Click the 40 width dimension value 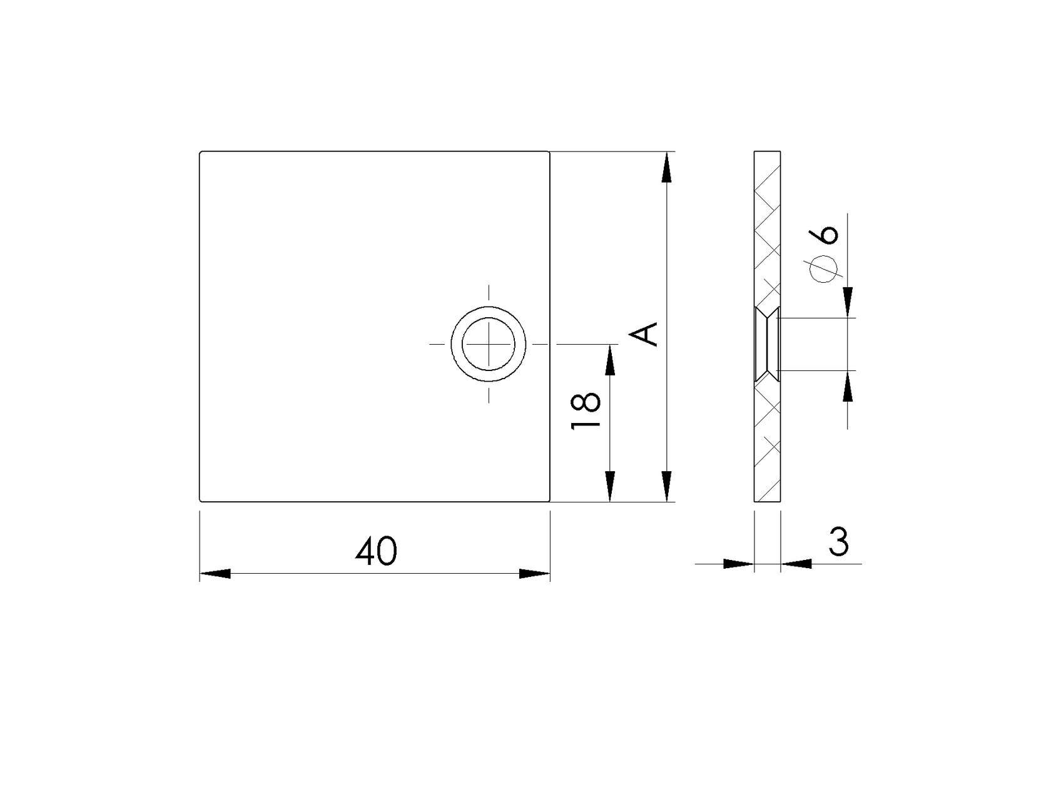[376, 551]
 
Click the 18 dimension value [587, 411]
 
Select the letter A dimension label [645, 333]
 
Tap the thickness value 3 [838, 542]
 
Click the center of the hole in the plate [489, 344]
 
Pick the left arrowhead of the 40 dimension [215, 573]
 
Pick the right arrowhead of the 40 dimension [534, 573]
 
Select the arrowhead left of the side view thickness [738, 564]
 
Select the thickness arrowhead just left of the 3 [796, 564]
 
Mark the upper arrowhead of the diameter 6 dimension [848, 302]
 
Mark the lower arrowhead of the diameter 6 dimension [848, 386]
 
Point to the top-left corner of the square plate [200, 152]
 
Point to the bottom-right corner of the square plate [549, 501]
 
